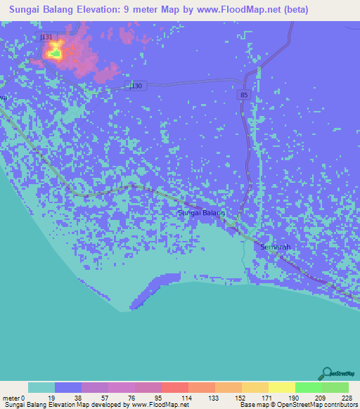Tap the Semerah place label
276,247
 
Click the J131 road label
46,36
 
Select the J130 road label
136,86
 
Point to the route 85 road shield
243,93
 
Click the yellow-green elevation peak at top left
54,52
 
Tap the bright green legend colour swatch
309,387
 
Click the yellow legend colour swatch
282,387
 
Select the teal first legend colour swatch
41,387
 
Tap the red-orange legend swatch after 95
175,387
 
